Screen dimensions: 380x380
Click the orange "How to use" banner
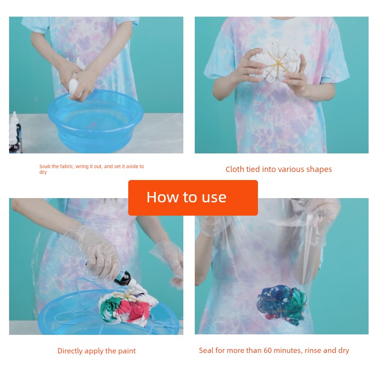193,198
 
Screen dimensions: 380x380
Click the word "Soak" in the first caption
45,167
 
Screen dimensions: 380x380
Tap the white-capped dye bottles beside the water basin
15,133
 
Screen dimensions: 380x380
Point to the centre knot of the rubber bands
276,64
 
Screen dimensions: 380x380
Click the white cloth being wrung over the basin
75,84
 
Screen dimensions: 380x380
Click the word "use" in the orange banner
214,198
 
